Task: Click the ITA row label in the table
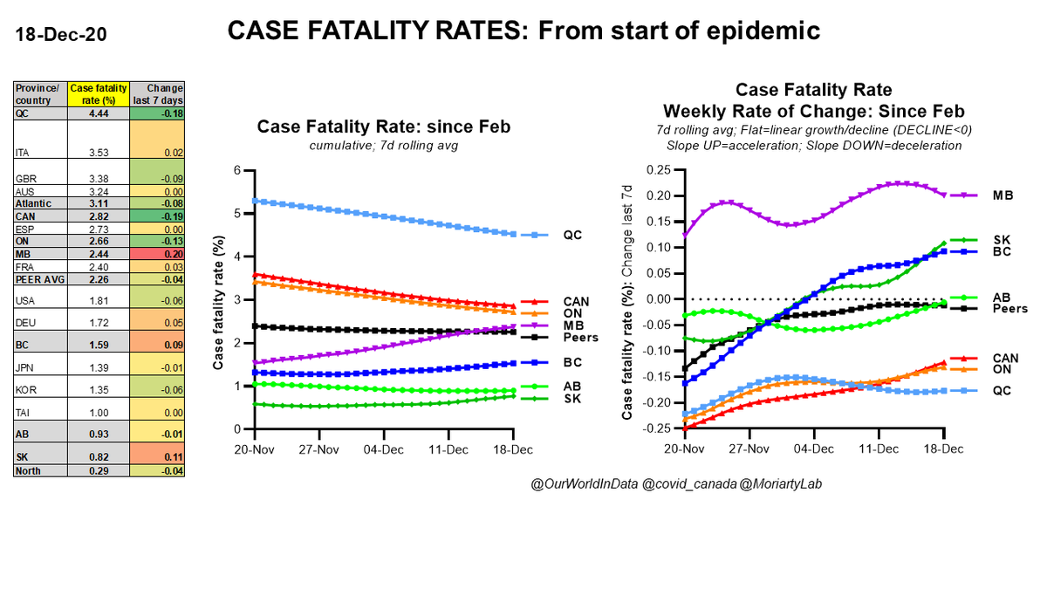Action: click(25, 153)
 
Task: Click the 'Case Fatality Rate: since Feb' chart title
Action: click(383, 127)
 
